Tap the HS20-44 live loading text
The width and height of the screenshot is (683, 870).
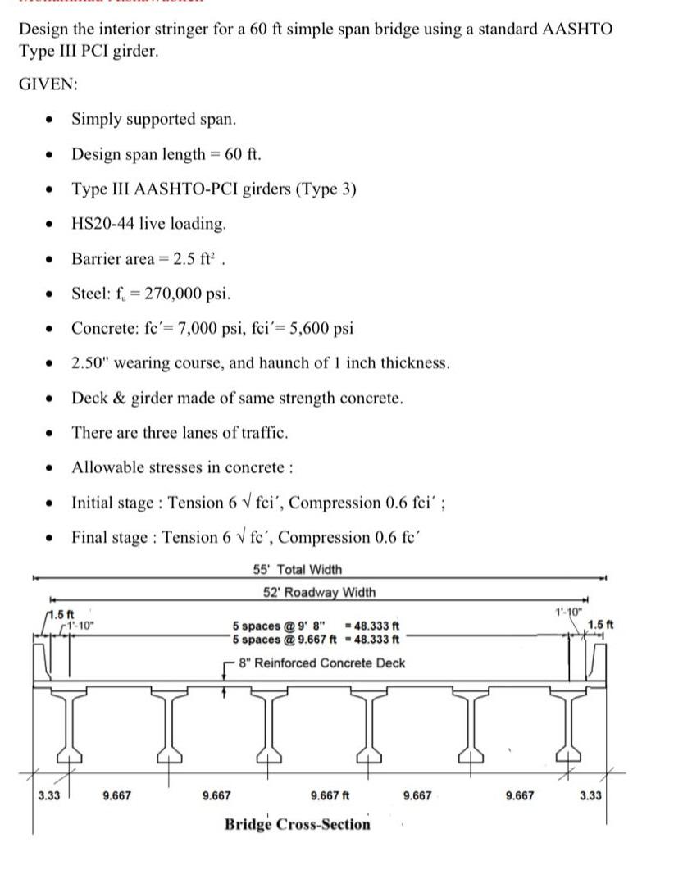point(148,224)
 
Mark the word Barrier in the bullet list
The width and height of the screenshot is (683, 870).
point(96,258)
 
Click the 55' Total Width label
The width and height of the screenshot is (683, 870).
point(298,570)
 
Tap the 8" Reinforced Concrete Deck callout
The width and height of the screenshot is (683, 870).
point(321,663)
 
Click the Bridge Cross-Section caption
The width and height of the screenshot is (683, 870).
point(298,824)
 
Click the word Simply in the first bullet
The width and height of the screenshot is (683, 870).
point(95,119)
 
